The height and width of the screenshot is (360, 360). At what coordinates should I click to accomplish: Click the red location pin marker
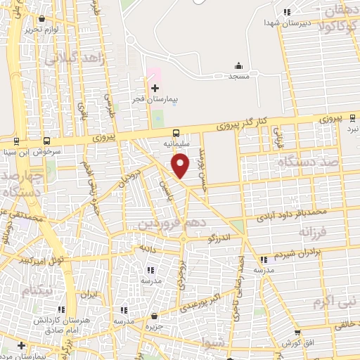click(x=181, y=166)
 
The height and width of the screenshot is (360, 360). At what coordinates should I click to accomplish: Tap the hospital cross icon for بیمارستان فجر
click(x=155, y=87)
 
